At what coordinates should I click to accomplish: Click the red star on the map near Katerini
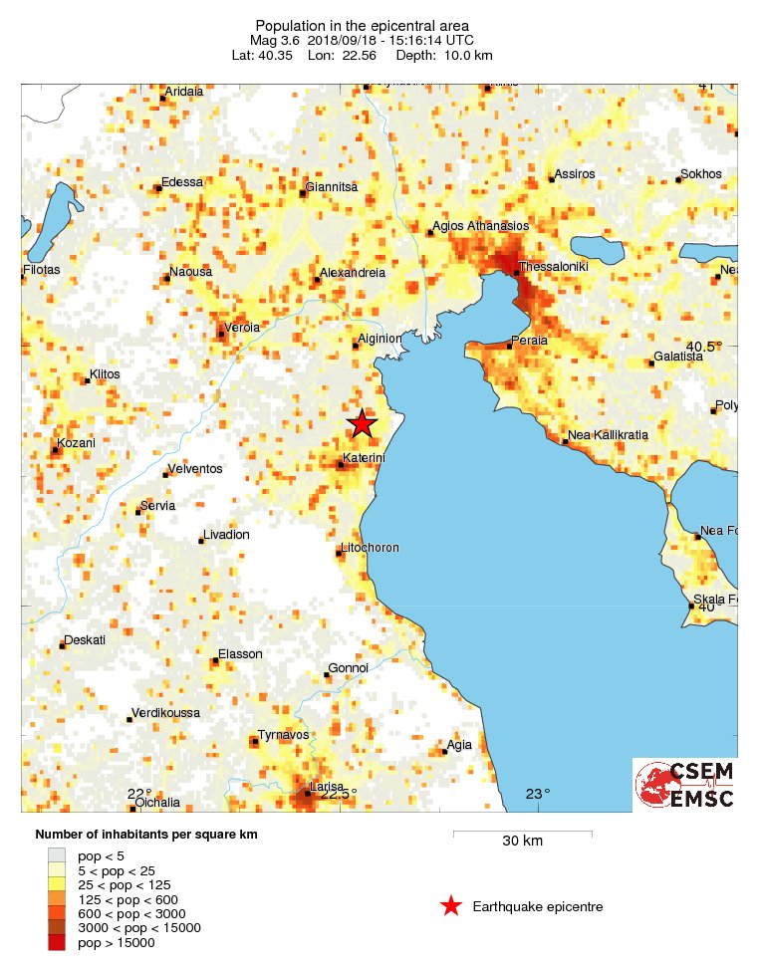tap(362, 423)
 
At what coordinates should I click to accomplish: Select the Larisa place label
tap(327, 787)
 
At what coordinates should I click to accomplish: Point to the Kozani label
tap(76, 443)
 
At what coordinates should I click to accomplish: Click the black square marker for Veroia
tap(222, 334)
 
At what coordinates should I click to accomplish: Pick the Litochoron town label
tap(370, 548)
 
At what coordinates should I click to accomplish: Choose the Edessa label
tap(182, 182)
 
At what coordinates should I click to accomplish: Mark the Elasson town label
tap(240, 654)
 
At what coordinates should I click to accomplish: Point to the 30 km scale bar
tap(522, 833)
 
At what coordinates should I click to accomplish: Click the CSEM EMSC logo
tap(685, 785)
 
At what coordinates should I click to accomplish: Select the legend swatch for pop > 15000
tap(57, 942)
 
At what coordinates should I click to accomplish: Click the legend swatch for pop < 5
tap(57, 853)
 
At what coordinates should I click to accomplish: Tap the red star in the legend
tap(451, 905)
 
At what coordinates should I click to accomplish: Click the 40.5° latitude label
tap(702, 347)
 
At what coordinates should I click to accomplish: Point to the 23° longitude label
tap(538, 794)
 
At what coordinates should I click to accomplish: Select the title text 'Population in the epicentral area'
tap(363, 26)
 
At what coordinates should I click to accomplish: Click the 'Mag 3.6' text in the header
tap(273, 41)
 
